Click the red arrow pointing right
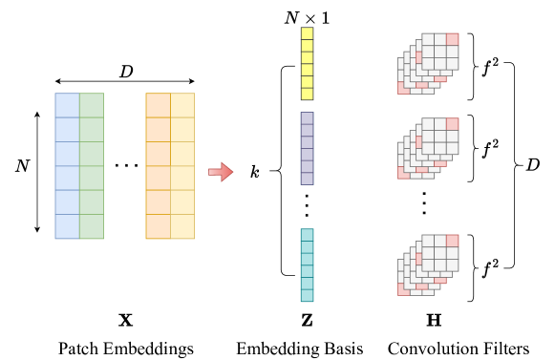click(x=221, y=172)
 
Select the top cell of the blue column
click(x=67, y=105)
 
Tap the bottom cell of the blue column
click(x=67, y=226)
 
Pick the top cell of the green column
click(x=92, y=105)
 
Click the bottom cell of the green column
click(x=92, y=226)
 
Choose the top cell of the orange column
click(x=158, y=105)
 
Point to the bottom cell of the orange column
click(x=158, y=226)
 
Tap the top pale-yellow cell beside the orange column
click(x=182, y=105)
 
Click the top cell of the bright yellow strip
click(x=307, y=33)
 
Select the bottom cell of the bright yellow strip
click(x=307, y=94)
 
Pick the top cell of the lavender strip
click(x=307, y=118)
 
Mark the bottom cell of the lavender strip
click(x=307, y=179)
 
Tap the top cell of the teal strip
click(x=307, y=235)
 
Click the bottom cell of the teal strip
click(x=307, y=295)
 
